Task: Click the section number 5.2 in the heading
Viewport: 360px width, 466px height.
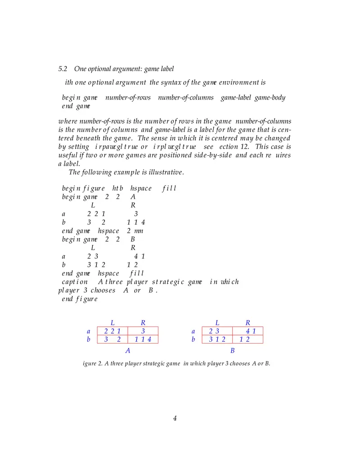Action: tap(63, 69)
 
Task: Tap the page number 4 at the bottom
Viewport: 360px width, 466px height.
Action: tap(175, 419)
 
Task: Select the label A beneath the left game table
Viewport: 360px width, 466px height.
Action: tap(128, 351)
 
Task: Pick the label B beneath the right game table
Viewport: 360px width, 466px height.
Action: tap(233, 351)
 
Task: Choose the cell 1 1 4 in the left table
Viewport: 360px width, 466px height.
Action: tap(143, 339)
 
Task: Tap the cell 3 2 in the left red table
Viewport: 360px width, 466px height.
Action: tap(112, 339)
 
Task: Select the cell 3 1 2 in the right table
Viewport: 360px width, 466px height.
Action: tap(217, 339)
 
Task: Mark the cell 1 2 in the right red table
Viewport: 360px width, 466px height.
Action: tap(245, 339)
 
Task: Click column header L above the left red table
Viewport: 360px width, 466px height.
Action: tap(112, 322)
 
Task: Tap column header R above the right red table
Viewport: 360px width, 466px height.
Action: tap(248, 322)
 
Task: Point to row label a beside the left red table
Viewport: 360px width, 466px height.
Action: tap(89, 332)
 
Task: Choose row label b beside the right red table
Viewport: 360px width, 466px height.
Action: tap(193, 339)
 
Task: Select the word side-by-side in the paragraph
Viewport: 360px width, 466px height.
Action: tap(230, 155)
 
